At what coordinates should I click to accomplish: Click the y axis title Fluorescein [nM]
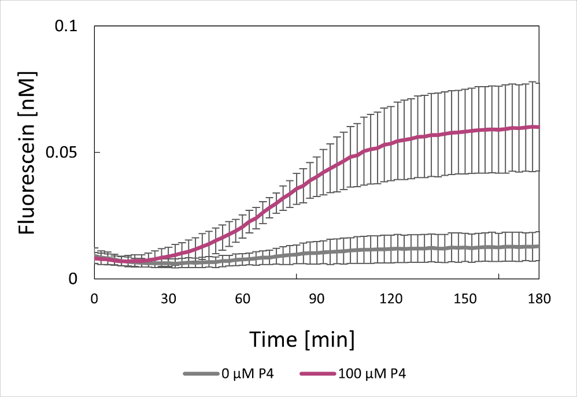(x=28, y=153)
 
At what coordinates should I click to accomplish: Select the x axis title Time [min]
(x=301, y=339)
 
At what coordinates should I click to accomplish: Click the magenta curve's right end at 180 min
(x=538, y=127)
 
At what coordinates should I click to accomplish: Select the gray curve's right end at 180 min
(x=538, y=246)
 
